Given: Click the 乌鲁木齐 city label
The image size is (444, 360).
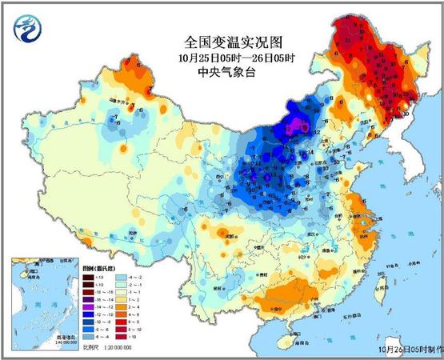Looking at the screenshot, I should click(x=121, y=102).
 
